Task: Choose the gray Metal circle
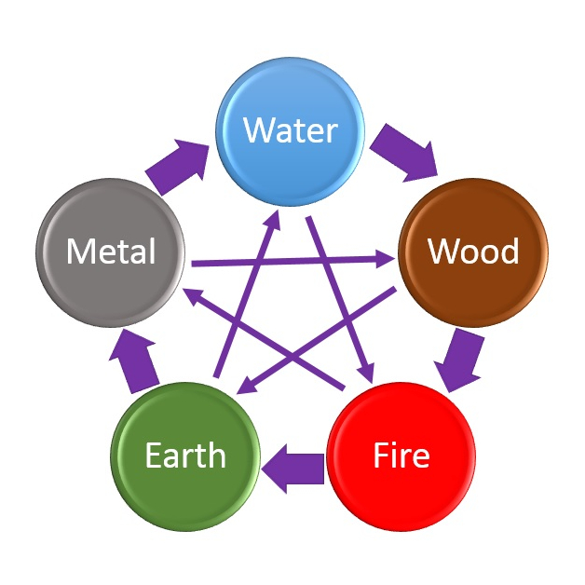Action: click(x=110, y=252)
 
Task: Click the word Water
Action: click(x=290, y=129)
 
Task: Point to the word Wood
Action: click(x=472, y=251)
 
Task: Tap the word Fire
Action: click(x=401, y=456)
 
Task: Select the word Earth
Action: click(x=184, y=456)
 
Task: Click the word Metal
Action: click(x=110, y=252)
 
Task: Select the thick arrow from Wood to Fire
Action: click(x=462, y=359)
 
